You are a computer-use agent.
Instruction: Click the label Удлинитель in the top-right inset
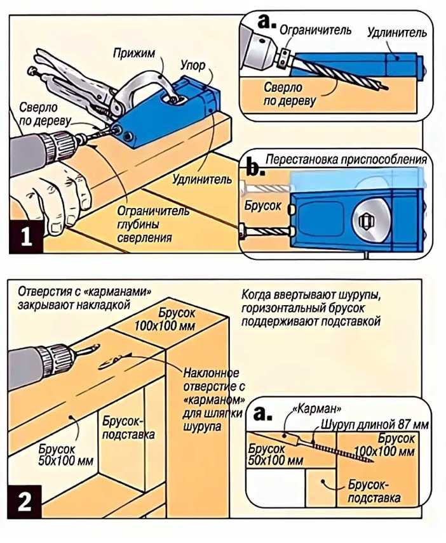396,32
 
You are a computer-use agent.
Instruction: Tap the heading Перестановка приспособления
346,159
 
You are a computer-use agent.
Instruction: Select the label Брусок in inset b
261,206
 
